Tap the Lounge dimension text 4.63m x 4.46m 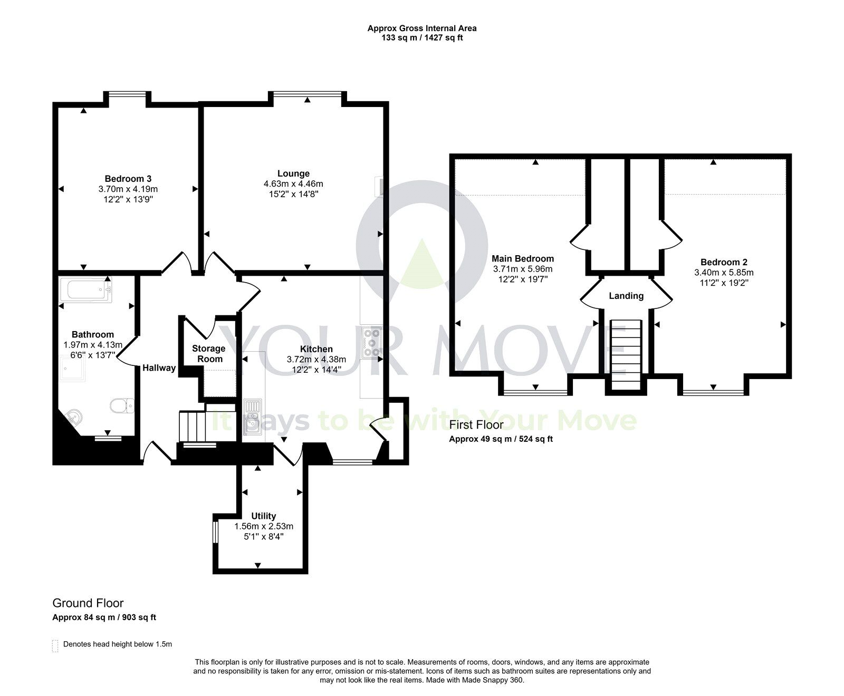(x=293, y=184)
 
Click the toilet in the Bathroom (x=122, y=405)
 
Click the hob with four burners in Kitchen (x=372, y=341)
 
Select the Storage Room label (x=208, y=354)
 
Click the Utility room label (x=263, y=516)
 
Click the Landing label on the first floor (x=626, y=296)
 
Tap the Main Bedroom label (x=522, y=258)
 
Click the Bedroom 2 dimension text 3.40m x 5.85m (x=723, y=273)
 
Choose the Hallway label (x=159, y=368)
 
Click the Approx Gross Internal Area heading (x=422, y=28)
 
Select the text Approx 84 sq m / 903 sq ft (x=104, y=617)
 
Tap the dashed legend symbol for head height (x=55, y=645)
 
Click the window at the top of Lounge (x=307, y=94)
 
